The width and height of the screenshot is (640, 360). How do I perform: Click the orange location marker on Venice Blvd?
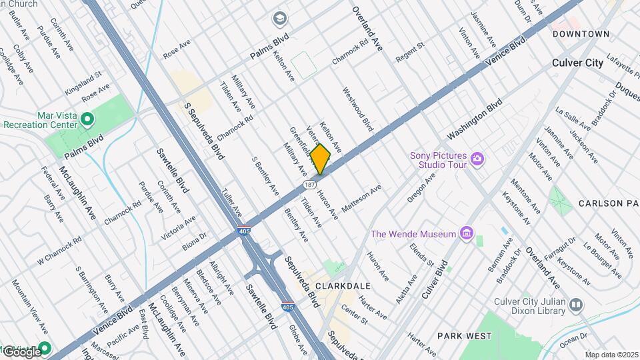click(321, 159)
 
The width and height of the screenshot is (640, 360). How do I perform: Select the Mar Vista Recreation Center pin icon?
click(87, 119)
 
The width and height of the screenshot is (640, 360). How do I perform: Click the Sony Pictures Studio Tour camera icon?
click(477, 159)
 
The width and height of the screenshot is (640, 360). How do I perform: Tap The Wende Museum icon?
click(467, 233)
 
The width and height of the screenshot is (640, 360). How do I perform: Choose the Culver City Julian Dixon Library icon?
click(576, 304)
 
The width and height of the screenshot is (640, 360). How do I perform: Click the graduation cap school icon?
click(279, 17)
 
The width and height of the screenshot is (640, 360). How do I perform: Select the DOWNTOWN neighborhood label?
click(581, 33)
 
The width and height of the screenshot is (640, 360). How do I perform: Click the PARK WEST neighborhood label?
click(465, 335)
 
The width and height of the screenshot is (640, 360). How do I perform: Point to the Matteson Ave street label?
click(361, 200)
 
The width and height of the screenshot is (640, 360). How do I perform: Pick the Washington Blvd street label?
click(474, 121)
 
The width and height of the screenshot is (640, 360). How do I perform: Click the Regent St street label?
click(409, 51)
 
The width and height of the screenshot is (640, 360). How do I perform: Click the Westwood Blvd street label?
click(357, 109)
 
